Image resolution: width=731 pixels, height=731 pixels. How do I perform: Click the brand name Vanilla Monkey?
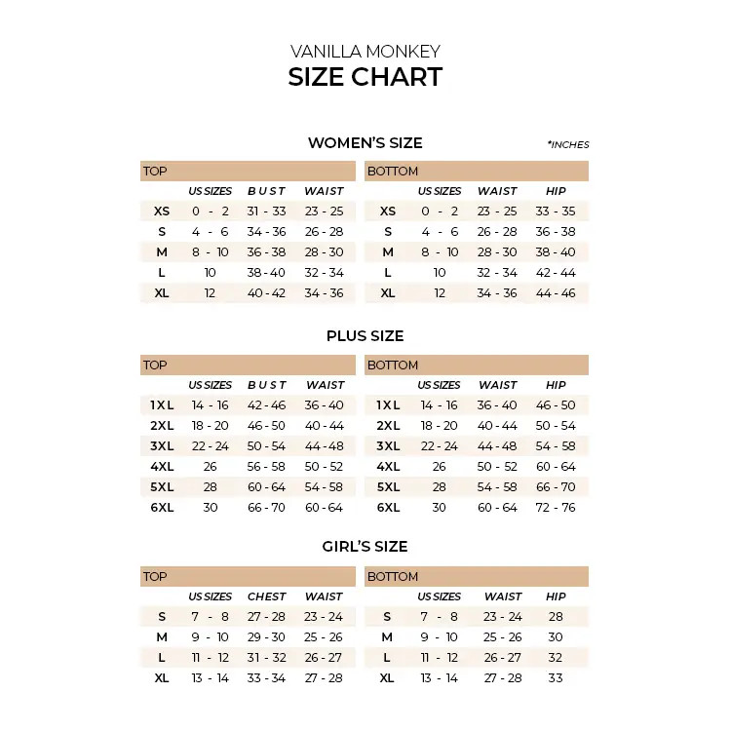[365, 52]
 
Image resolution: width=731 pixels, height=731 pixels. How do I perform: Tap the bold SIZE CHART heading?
[365, 78]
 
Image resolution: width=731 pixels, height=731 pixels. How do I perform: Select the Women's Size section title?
[365, 143]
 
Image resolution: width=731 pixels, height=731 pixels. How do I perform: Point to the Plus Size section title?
[365, 336]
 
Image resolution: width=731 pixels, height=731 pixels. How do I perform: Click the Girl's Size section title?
[365, 547]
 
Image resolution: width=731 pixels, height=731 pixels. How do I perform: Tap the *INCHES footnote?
[568, 145]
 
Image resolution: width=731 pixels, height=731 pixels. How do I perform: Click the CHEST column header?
[267, 596]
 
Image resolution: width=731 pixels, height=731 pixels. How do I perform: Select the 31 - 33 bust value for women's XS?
[266, 212]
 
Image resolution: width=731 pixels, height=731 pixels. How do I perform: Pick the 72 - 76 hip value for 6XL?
[556, 508]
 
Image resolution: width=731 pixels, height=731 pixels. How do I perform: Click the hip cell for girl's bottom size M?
[556, 637]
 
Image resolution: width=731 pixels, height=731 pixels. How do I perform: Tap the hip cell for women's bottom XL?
[556, 293]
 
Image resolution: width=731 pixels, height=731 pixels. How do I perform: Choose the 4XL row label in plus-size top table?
[162, 467]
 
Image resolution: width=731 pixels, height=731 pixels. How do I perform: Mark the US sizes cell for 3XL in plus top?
[210, 446]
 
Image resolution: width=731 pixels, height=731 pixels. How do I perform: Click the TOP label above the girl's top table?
[155, 577]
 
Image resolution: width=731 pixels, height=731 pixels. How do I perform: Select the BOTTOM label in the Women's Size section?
[393, 172]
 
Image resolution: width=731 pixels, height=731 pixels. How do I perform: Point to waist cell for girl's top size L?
[324, 658]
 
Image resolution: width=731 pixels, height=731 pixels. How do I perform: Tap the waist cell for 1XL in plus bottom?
[497, 405]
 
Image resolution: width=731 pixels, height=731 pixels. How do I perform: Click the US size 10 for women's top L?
[210, 273]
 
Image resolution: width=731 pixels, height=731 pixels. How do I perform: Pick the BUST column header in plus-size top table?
[267, 385]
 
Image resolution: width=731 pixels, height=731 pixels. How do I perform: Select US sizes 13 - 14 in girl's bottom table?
[439, 678]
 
